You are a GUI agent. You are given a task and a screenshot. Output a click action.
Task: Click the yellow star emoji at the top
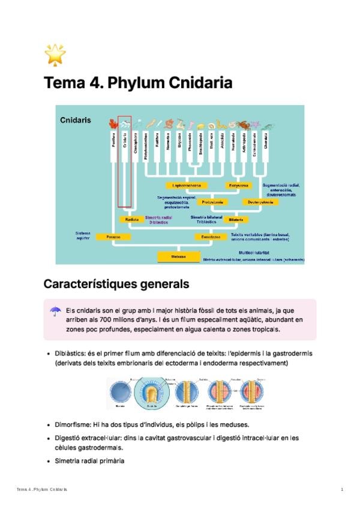click(55, 55)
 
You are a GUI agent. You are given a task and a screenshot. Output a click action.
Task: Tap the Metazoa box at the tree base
click(178, 257)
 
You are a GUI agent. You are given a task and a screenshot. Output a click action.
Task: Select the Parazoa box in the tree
click(113, 237)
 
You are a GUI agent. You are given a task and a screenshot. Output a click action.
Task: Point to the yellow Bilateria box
click(236, 220)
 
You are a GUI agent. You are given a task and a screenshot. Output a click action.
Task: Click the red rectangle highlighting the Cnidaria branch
click(125, 161)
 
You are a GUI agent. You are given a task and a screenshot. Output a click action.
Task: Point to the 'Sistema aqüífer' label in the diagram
click(83, 235)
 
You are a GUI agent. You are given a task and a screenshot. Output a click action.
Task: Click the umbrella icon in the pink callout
click(55, 311)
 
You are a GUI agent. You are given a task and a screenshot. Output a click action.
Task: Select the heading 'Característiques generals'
click(116, 283)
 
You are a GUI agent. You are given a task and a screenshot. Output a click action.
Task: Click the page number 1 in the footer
click(341, 490)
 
